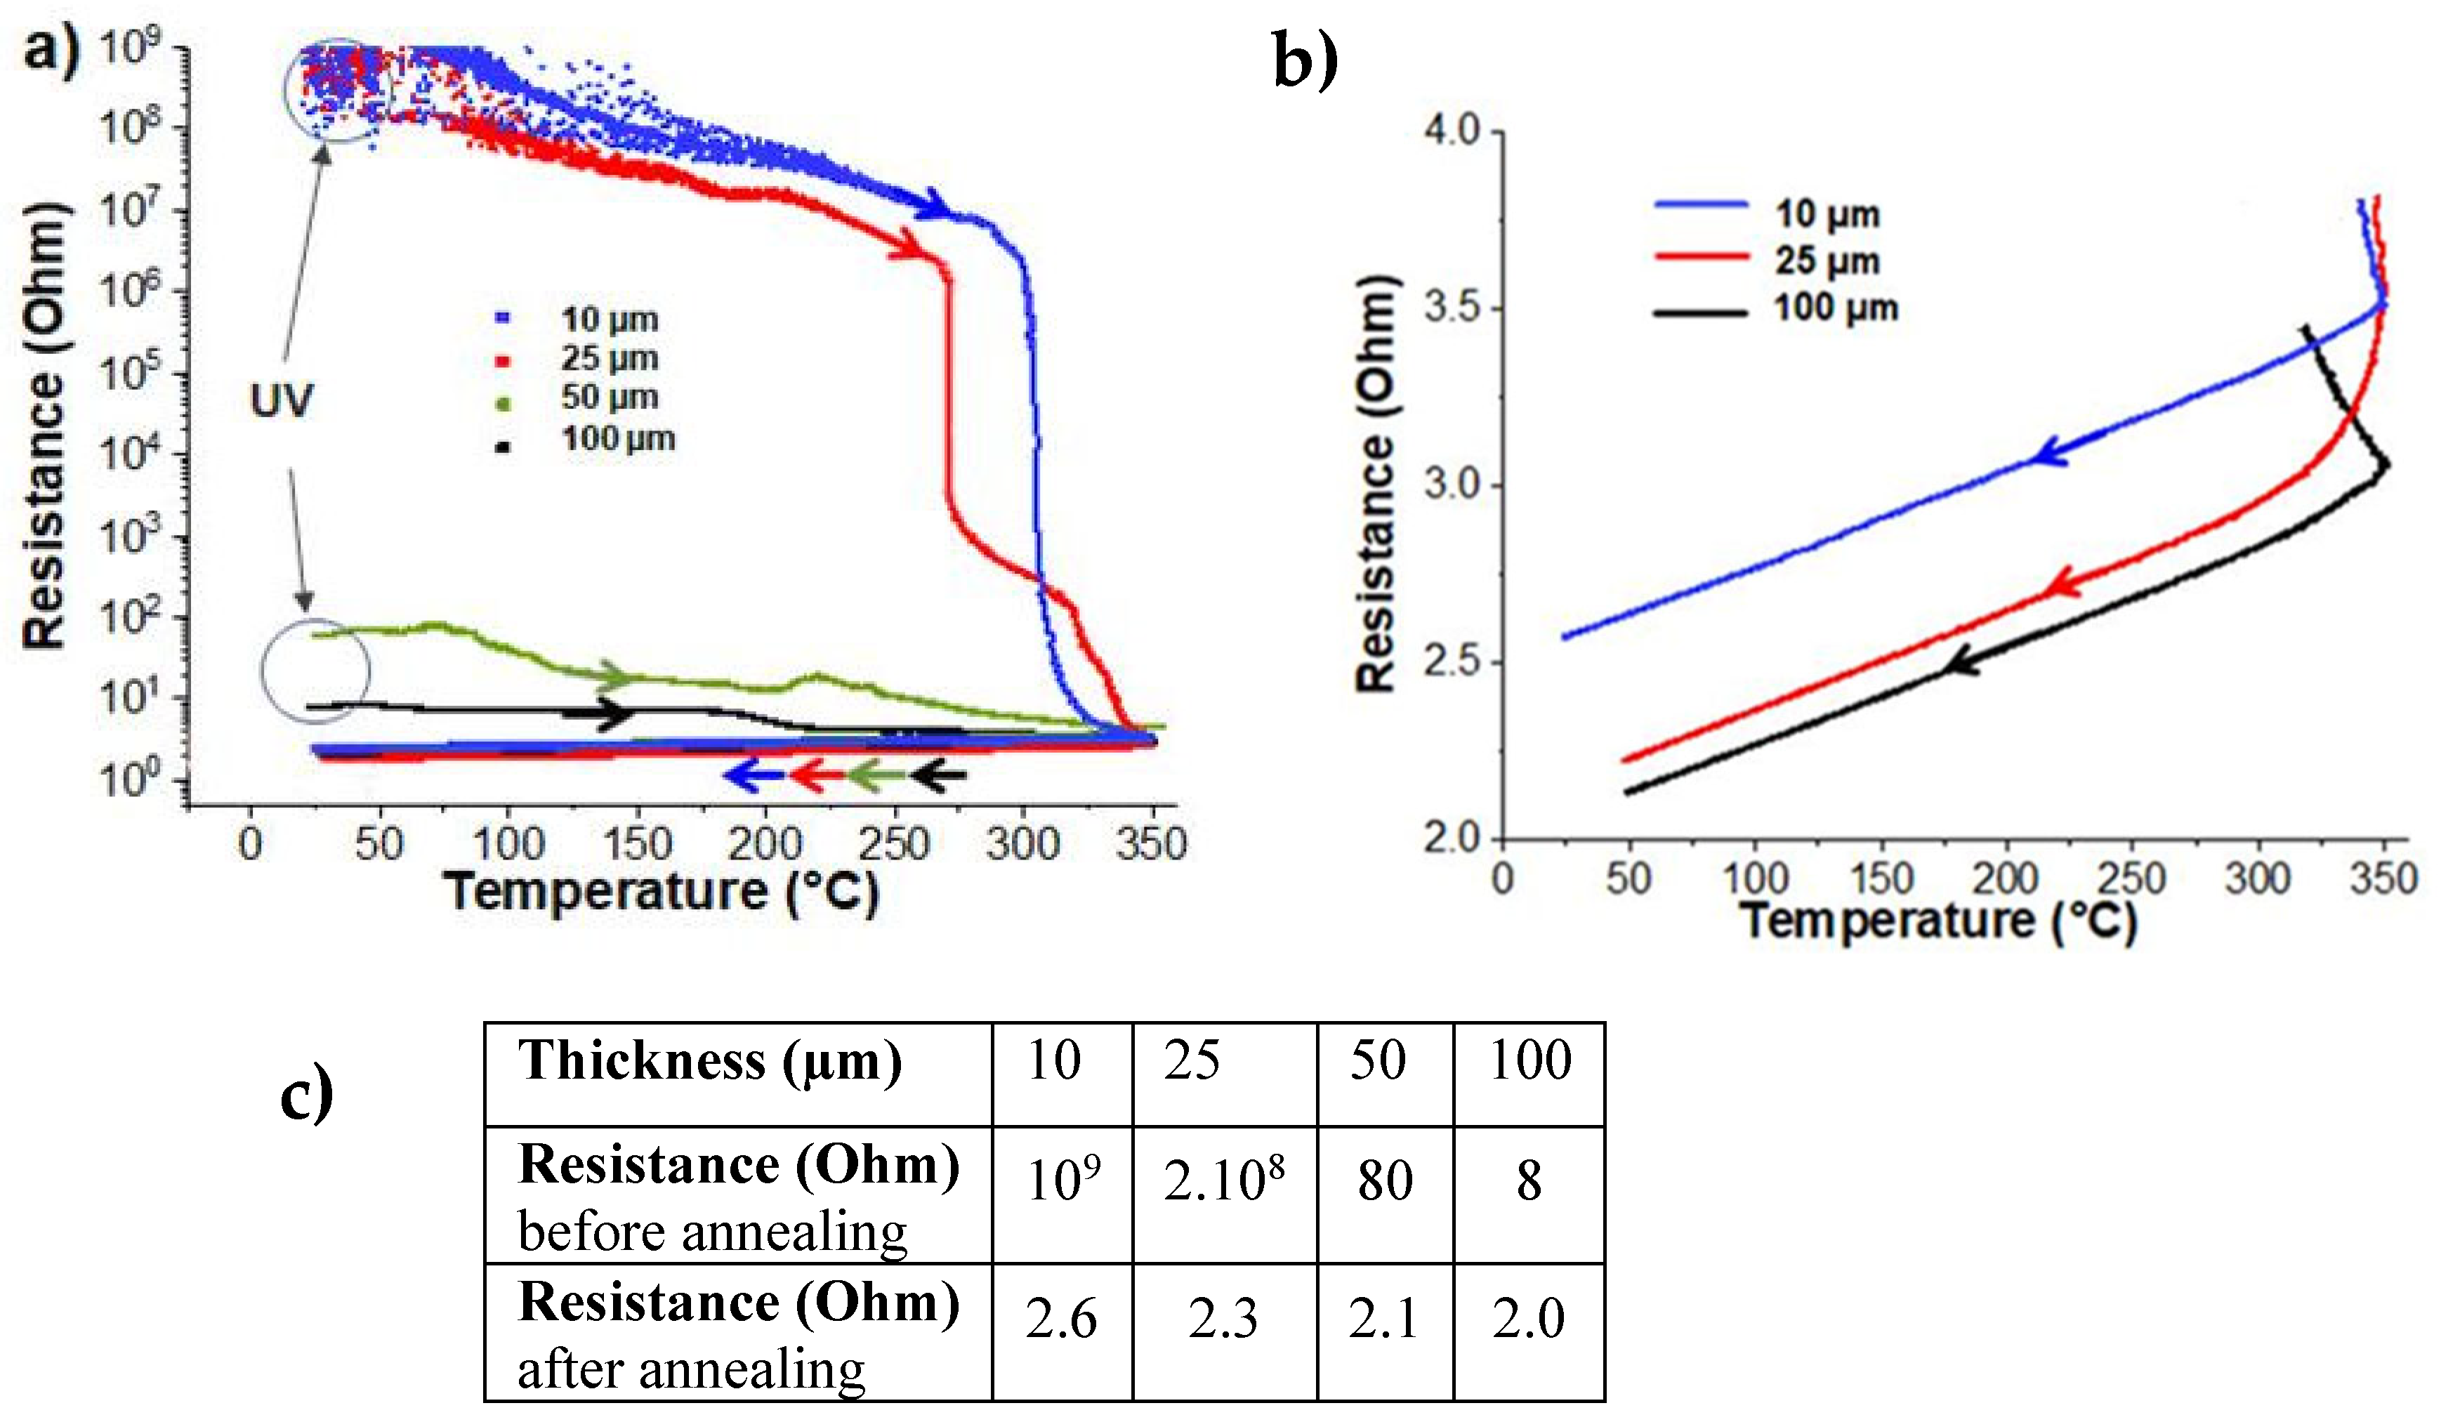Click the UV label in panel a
tap(281, 400)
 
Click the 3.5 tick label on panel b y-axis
tap(1452, 308)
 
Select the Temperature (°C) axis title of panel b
tap(1937, 921)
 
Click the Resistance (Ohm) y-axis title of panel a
tap(46, 426)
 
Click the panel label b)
tap(1305, 60)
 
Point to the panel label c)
tap(307, 1096)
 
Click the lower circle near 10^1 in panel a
tap(315, 671)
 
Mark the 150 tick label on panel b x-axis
tap(1881, 879)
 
